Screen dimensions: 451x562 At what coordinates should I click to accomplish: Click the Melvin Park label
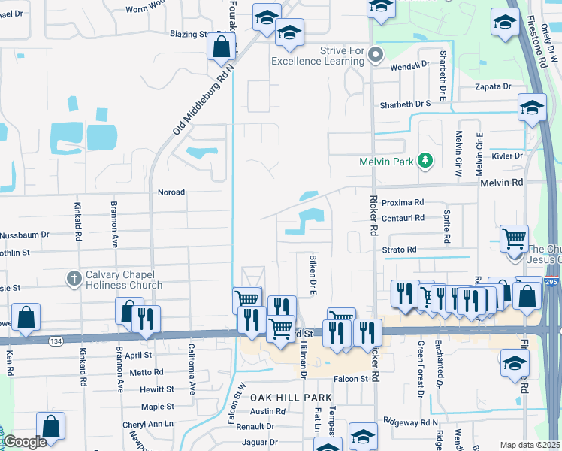387,161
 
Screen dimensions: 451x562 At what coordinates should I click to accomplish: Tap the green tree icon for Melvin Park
425,160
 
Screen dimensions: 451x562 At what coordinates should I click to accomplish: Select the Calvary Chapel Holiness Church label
124,279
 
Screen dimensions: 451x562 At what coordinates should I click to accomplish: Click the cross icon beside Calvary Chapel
74,279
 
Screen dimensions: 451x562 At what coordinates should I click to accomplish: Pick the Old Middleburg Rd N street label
204,99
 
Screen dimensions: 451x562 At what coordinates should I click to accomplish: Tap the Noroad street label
171,192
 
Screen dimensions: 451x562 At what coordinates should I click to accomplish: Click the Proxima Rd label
403,203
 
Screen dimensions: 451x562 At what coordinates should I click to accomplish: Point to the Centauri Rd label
403,218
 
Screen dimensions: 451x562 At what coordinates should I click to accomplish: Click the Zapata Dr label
493,87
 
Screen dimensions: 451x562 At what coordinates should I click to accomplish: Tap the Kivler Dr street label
506,156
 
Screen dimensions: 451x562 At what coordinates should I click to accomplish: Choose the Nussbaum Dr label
24,235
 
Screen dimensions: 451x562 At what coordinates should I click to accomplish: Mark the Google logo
26,441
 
